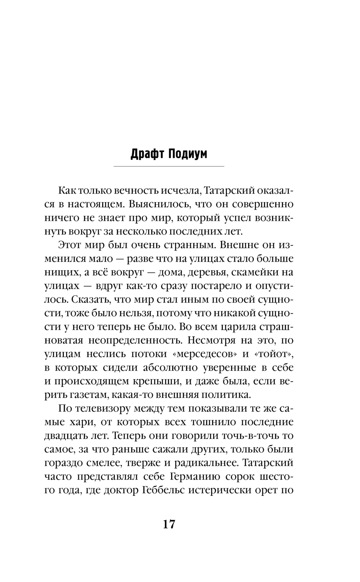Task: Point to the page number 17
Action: point(169,524)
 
